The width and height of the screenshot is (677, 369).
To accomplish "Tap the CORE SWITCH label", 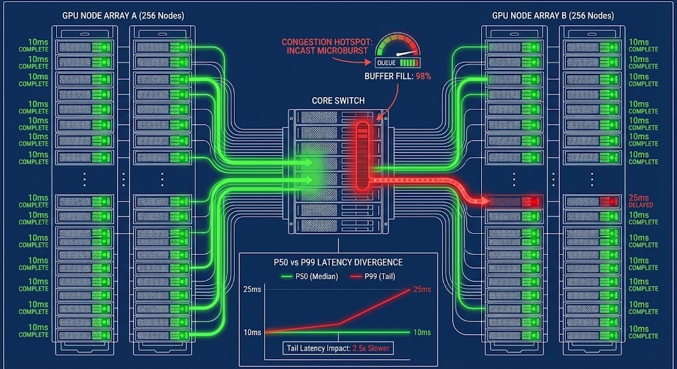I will click(x=338, y=101).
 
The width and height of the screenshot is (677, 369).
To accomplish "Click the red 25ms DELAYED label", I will click(x=640, y=201).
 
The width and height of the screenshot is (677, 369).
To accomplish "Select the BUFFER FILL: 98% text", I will click(x=397, y=77).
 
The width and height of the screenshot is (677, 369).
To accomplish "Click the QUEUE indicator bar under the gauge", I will click(x=397, y=63).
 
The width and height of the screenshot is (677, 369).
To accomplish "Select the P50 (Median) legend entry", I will click(x=307, y=276).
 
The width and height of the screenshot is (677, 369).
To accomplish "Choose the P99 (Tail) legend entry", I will click(x=373, y=276).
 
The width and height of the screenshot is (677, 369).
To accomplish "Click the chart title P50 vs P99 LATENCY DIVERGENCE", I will click(x=338, y=262).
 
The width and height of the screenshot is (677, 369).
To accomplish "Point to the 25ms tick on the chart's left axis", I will click(x=251, y=290).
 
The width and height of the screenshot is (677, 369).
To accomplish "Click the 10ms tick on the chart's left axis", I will click(x=251, y=332).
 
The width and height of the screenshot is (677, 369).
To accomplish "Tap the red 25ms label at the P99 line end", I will click(x=421, y=290).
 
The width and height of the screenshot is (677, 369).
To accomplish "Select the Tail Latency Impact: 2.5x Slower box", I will click(x=338, y=347).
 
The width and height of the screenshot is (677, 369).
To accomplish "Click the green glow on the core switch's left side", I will click(x=316, y=165).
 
